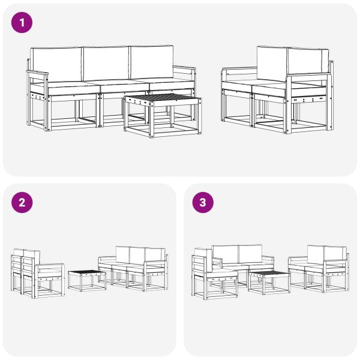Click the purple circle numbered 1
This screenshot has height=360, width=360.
click(22, 23)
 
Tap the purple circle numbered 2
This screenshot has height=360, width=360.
click(22, 203)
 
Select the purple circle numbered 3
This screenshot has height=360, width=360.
click(203, 203)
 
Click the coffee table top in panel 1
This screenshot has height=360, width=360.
click(163, 98)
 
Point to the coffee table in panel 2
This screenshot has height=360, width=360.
click(87, 281)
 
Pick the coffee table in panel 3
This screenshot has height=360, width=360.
click(269, 283)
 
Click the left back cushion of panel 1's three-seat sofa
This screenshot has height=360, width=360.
click(56, 65)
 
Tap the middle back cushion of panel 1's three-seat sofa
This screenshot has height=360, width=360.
click(106, 64)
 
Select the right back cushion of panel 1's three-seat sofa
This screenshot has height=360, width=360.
click(151, 62)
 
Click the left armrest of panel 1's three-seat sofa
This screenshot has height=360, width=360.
click(37, 73)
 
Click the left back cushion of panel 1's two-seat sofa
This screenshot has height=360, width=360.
click(272, 64)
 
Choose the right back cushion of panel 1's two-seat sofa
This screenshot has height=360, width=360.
click(307, 62)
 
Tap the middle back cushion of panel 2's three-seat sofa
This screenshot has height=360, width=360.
click(137, 256)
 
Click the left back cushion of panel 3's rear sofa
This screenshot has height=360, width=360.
click(226, 254)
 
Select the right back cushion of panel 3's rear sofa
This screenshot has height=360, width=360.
click(250, 253)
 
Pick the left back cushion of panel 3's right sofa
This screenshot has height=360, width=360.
click(316, 254)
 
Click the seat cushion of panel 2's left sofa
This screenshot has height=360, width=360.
click(49, 272)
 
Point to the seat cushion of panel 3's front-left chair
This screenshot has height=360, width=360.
click(222, 275)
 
